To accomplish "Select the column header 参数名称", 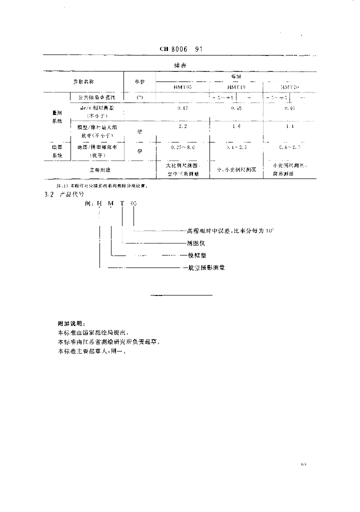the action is pos(83,81).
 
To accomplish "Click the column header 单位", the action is pos(139,81).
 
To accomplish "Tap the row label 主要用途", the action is pos(100,169).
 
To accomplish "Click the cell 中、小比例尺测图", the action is pos(236,170).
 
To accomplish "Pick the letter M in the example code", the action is pos(110,204).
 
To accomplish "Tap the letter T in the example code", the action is pos(122,204).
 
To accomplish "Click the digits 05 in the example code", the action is pos(133,204).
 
